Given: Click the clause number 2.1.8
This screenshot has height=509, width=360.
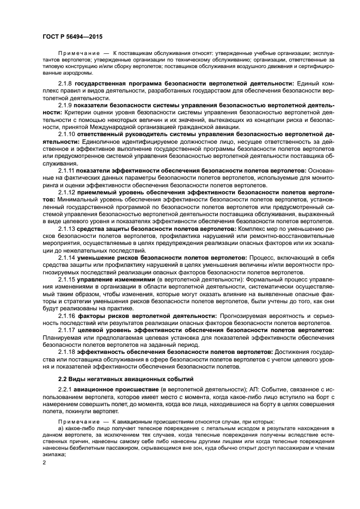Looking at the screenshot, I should click(65, 83).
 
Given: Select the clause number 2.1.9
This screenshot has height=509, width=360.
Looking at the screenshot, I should click(65, 105).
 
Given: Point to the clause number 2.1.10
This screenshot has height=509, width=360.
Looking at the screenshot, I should click(67, 133).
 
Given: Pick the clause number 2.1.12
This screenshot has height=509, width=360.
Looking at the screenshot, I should click(67, 192).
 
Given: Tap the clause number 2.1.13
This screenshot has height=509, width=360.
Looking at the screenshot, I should click(67, 229).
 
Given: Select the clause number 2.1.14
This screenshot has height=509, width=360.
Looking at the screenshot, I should click(67, 257).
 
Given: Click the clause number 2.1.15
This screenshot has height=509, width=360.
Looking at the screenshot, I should click(67, 279).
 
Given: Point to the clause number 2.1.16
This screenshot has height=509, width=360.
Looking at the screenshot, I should click(67, 315).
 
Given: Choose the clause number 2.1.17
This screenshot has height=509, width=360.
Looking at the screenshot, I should click(67, 330).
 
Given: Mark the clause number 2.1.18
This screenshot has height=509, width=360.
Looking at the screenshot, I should click(67, 352).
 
